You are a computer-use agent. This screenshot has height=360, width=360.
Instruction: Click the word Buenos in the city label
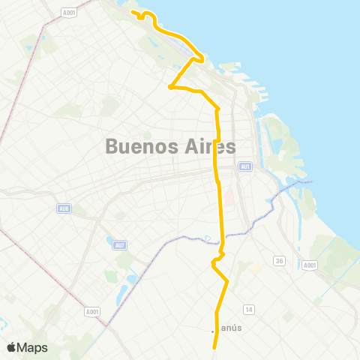139,147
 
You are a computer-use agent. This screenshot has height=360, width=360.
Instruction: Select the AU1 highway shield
245,166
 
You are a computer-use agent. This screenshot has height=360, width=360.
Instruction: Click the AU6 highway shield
64,208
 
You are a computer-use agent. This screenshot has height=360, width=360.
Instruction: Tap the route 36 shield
279,261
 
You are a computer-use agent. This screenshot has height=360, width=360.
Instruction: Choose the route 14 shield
249,308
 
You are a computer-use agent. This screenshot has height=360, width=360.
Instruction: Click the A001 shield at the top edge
69,12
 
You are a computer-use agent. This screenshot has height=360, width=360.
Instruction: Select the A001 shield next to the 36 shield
310,265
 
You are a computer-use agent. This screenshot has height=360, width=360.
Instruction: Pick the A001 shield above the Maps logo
92,312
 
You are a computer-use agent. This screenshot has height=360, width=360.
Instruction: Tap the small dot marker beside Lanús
213,331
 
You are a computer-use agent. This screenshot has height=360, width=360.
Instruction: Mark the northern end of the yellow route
133,12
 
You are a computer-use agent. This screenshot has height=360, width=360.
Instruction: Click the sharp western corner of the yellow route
170,87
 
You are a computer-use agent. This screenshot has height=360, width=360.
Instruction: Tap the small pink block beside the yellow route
230,199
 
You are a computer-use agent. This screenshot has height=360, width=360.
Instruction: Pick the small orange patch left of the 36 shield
256,267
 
